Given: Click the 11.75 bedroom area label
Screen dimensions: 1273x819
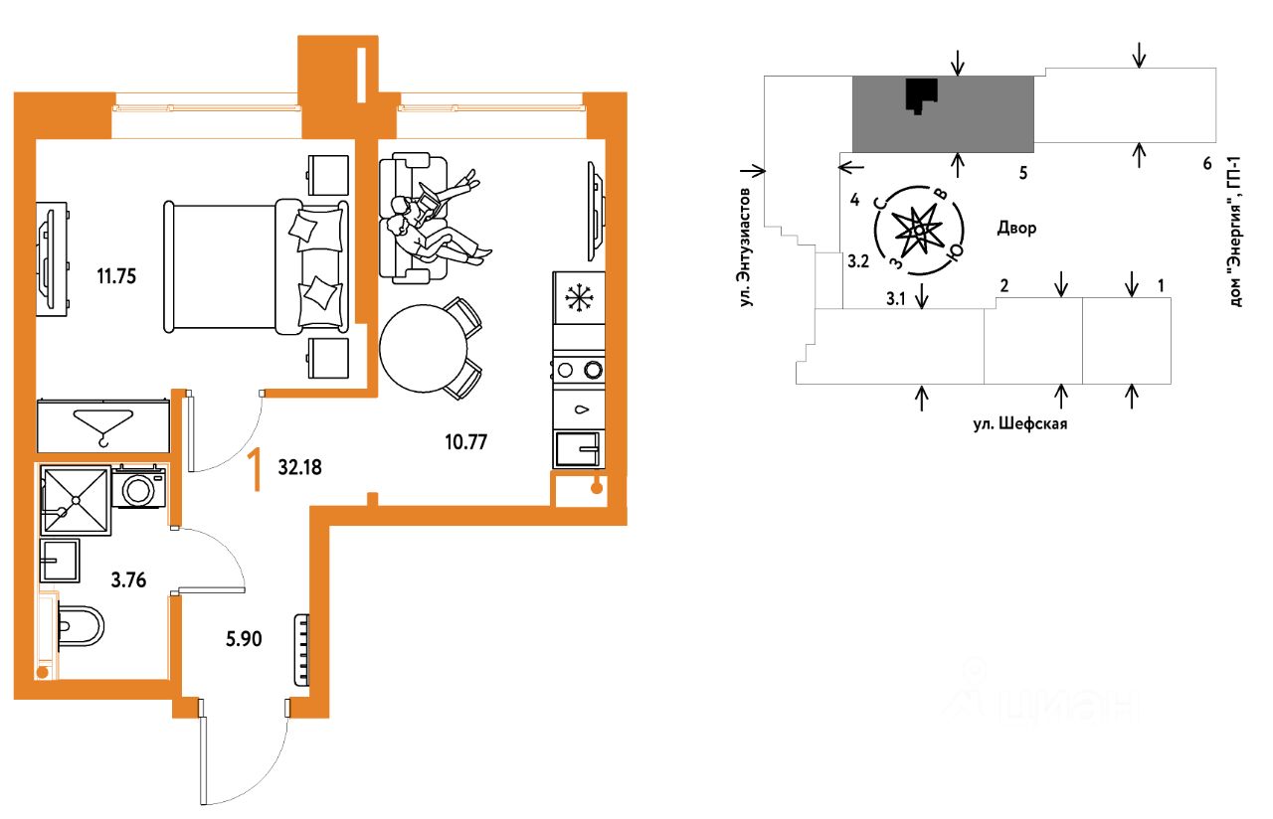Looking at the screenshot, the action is click(x=116, y=276).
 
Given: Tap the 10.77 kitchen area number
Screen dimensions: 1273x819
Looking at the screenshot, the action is click(x=466, y=442).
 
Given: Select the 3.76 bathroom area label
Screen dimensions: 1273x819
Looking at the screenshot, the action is click(x=128, y=579).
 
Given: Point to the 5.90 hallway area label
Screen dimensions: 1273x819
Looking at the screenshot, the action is click(x=244, y=639).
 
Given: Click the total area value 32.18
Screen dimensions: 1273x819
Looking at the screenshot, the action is click(x=299, y=467).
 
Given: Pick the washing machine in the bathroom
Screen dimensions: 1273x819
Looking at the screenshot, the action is click(x=138, y=487).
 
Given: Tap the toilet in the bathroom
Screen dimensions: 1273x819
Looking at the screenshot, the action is click(x=80, y=626).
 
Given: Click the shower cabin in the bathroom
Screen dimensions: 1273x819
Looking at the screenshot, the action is click(x=76, y=500).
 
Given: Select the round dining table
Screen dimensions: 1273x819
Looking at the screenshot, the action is click(x=424, y=348).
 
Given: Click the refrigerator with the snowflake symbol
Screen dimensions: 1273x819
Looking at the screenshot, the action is click(x=579, y=298).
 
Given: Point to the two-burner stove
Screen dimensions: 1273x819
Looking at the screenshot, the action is click(x=579, y=370).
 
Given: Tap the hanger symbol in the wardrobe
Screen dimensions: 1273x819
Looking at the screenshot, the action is click(x=103, y=427).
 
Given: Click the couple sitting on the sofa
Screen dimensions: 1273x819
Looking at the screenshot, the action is click(x=435, y=219).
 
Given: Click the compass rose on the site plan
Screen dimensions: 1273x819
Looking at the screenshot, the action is click(x=918, y=231).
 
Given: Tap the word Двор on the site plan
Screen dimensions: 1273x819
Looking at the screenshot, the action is click(x=1016, y=228).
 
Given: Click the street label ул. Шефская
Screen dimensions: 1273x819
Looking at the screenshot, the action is click(x=1020, y=423).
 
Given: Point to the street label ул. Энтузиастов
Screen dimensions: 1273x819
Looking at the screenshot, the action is click(x=746, y=247).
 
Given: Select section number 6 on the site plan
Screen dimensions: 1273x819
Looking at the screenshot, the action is click(x=1207, y=164).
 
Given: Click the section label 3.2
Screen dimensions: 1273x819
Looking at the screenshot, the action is click(x=858, y=261).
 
